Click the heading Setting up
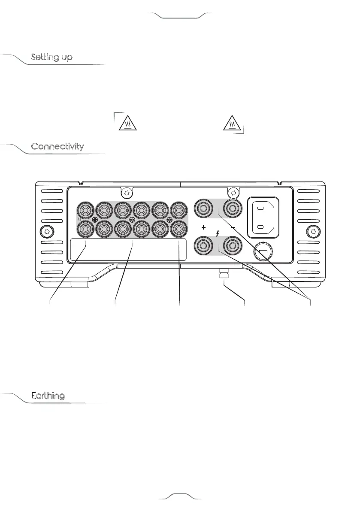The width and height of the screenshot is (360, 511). point(51,57)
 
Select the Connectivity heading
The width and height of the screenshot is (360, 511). point(57,147)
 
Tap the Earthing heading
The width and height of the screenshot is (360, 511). point(48,396)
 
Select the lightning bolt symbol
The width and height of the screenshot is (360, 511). point(218,234)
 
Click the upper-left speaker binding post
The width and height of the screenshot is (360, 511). point(203,209)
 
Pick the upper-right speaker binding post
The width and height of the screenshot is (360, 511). point(232,209)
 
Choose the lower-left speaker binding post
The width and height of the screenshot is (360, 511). point(203,246)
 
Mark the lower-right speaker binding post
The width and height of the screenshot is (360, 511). point(232,246)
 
